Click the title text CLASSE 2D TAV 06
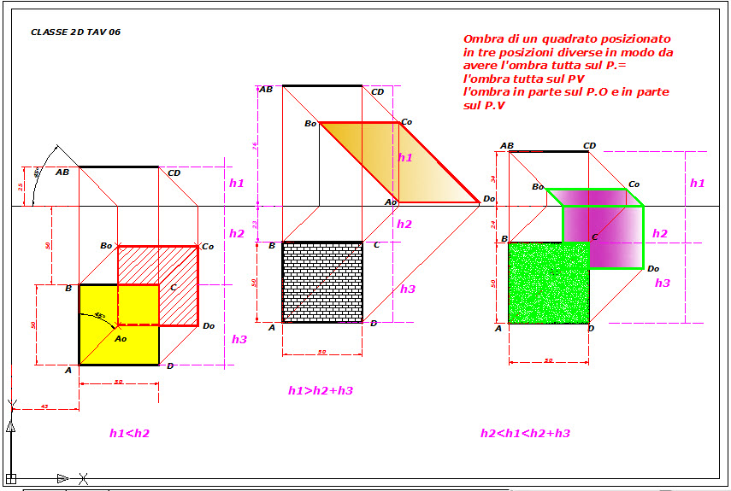click(x=75, y=32)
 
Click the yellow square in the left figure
click(x=97, y=342)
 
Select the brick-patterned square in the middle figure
click(x=322, y=282)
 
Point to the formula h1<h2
click(x=129, y=433)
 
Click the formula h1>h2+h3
click(x=321, y=390)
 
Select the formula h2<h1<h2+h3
click(x=525, y=433)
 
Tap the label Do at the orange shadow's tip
click(x=489, y=199)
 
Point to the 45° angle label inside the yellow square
click(x=100, y=316)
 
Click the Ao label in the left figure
click(x=121, y=339)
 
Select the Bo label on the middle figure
click(x=310, y=124)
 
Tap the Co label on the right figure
click(x=634, y=184)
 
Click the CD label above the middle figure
click(x=377, y=91)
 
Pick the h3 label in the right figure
click(x=663, y=283)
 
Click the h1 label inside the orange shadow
click(x=405, y=157)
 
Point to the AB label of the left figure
click(x=62, y=172)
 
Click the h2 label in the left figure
click(x=237, y=233)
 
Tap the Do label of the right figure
click(x=653, y=268)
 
